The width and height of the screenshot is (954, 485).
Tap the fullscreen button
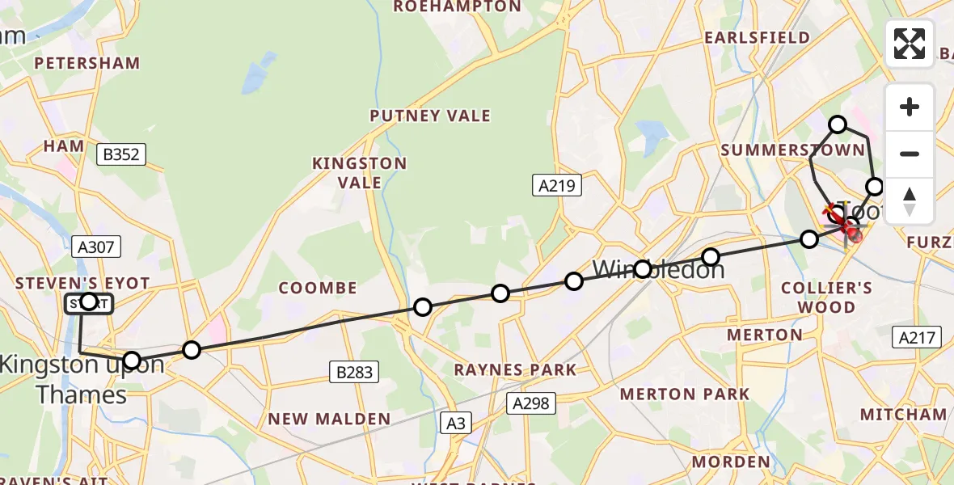click(x=910, y=44)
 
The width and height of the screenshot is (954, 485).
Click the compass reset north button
click(x=910, y=201)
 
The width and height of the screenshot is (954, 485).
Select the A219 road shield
click(x=557, y=186)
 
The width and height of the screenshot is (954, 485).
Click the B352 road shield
click(x=120, y=154)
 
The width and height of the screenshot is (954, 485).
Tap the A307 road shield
click(x=95, y=246)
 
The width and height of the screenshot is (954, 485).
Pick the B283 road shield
click(x=353, y=372)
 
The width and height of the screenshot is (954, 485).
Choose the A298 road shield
click(x=531, y=403)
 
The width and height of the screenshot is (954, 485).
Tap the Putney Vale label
click(x=430, y=116)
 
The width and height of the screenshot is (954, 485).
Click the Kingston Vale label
click(x=360, y=172)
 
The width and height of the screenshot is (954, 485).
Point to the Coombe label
click(x=318, y=288)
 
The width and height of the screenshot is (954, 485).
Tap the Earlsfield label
click(x=757, y=38)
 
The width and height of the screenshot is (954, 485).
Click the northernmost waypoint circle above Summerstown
click(x=838, y=124)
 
